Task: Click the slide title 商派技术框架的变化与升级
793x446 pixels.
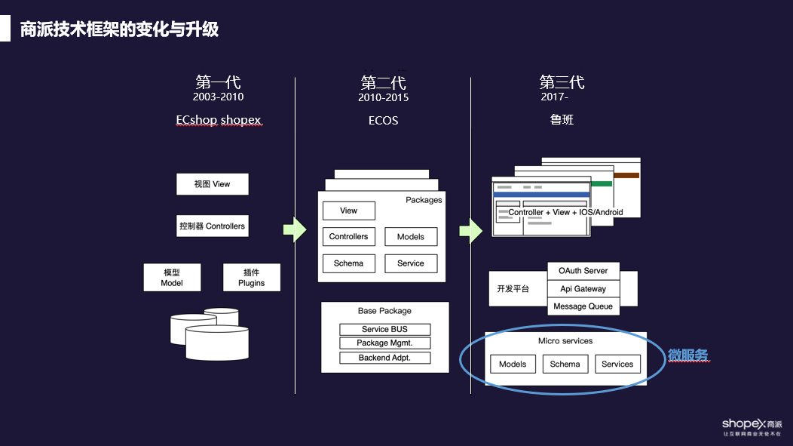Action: [119, 29]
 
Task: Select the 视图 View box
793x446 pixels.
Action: [212, 184]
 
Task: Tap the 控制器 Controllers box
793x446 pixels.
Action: [212, 226]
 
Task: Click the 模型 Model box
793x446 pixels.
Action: [173, 278]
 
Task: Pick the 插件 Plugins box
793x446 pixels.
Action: [251, 278]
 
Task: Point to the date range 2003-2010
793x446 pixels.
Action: [218, 97]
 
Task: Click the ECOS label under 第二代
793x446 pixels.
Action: [383, 121]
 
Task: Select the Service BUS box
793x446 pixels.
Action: [384, 329]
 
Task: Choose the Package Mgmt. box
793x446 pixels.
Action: [384, 343]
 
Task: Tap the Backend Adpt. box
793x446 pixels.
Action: [384, 358]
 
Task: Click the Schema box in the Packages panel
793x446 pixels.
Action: [348, 263]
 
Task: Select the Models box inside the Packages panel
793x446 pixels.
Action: [410, 237]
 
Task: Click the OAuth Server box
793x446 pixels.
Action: [583, 270]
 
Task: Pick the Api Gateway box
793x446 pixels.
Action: [583, 288]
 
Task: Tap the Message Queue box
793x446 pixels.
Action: [583, 306]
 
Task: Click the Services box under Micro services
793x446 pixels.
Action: [617, 364]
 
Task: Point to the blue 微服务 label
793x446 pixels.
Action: [687, 355]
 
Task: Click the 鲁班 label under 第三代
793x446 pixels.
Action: [562, 120]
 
